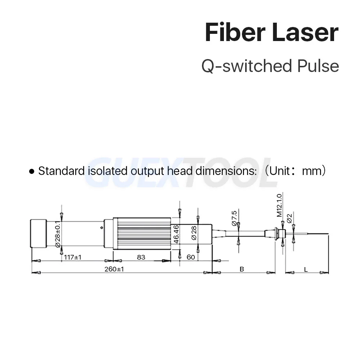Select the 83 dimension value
tap(141, 257)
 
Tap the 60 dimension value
tap(191, 257)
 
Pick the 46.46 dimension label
tap(176, 234)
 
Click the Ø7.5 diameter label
tap(234, 219)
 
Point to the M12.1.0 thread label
tap(279, 205)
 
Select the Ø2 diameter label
tap(289, 219)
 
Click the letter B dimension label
tap(242, 269)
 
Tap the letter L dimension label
tap(306, 269)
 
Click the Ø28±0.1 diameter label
tap(58, 234)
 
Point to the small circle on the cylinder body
tap(102, 228)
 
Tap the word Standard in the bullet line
tap(62, 171)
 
